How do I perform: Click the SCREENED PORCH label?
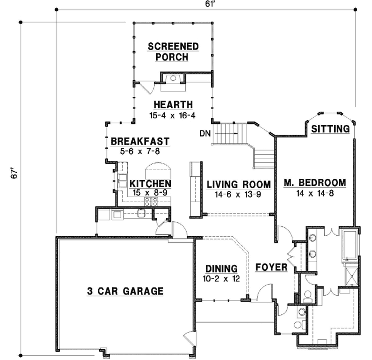pos(172,52)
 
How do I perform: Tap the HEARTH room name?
pos(173,105)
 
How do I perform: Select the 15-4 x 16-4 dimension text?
pos(172,115)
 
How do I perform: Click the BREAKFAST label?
pos(140,141)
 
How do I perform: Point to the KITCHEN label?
pos(150,183)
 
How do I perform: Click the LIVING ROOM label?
pos(238,184)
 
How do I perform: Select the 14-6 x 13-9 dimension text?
pos(238,194)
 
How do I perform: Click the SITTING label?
pos(331,129)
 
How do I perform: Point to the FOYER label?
pos(271,268)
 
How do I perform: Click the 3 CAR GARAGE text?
pos(125,291)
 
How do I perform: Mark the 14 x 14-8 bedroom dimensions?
pos(315,193)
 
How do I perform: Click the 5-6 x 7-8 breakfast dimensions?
pos(140,151)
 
